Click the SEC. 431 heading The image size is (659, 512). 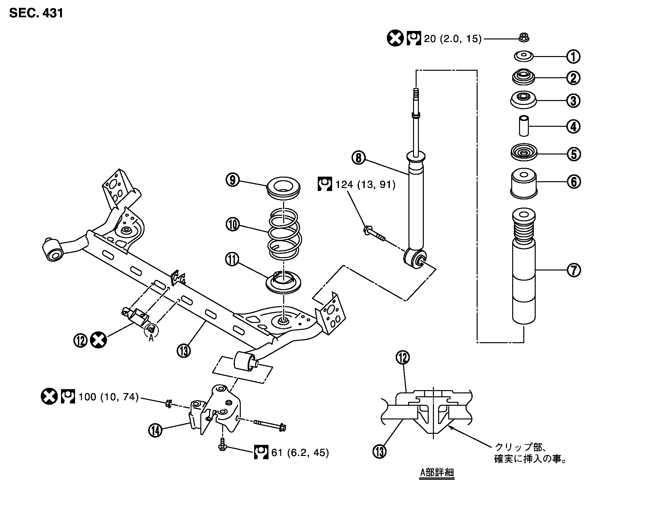click(x=36, y=13)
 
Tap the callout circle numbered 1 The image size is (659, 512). click(x=573, y=57)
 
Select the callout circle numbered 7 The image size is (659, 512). click(x=574, y=270)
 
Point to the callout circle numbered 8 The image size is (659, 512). click(x=359, y=158)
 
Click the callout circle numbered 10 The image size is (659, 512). click(x=233, y=225)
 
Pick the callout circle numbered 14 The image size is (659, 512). click(x=156, y=430)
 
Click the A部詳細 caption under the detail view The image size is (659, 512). click(x=437, y=473)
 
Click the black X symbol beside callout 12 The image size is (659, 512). click(x=98, y=340)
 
